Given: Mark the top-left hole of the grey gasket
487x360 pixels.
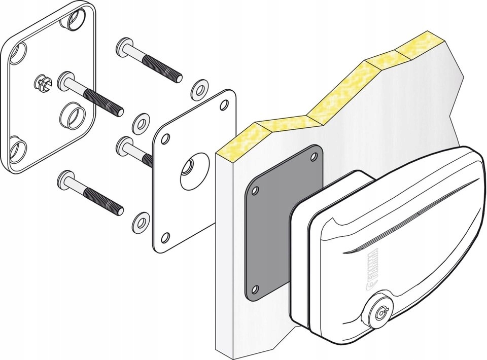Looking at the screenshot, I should [x=256, y=192].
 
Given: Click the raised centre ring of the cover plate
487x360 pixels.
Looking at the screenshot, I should [x=72, y=116].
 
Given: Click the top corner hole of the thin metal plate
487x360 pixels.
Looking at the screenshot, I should [x=224, y=104].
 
